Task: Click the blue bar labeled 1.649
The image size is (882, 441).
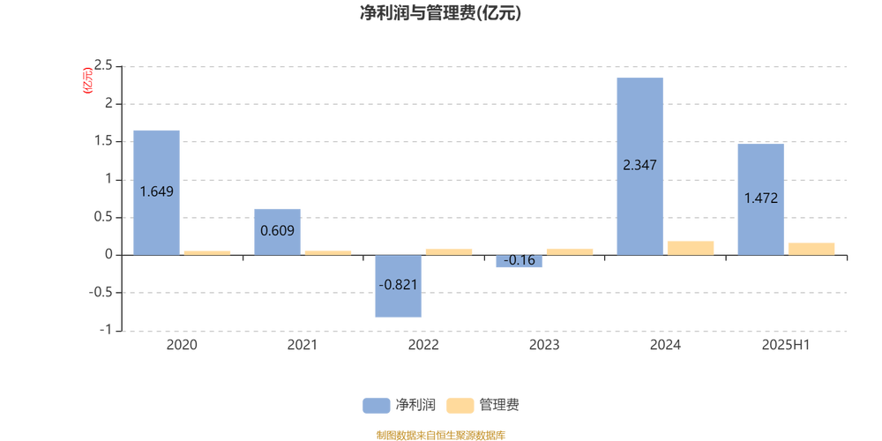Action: click(156, 191)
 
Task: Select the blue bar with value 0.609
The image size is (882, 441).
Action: click(277, 231)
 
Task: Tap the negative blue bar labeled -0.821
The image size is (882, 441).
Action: click(398, 286)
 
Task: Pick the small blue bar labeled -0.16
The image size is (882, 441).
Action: click(519, 261)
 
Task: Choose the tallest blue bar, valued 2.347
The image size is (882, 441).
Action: click(639, 166)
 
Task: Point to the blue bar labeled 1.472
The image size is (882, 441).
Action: click(760, 199)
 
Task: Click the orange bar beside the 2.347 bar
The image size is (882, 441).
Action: click(691, 248)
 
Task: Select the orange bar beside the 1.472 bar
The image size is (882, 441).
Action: click(811, 249)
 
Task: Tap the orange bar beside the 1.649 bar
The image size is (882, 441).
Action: click(207, 252)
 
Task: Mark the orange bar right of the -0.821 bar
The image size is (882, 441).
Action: click(449, 251)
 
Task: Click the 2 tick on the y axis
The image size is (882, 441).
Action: click(109, 103)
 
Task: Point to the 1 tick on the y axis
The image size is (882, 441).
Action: click(109, 179)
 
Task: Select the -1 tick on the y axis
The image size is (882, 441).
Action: click(108, 330)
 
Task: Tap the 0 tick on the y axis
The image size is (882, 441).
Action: click(109, 255)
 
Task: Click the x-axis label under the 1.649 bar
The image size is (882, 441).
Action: click(182, 345)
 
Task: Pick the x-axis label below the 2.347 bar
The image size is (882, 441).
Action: click(665, 345)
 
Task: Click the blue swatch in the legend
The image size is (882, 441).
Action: click(377, 406)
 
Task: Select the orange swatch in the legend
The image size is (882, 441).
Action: click(460, 406)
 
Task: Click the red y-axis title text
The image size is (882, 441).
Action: click(86, 80)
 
